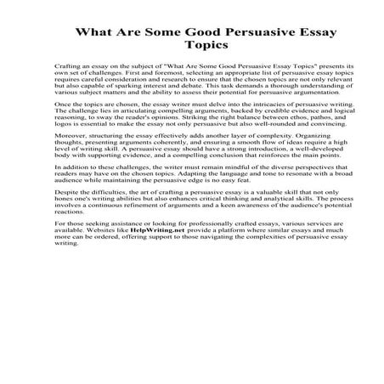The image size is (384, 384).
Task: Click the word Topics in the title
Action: click(x=191, y=47)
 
